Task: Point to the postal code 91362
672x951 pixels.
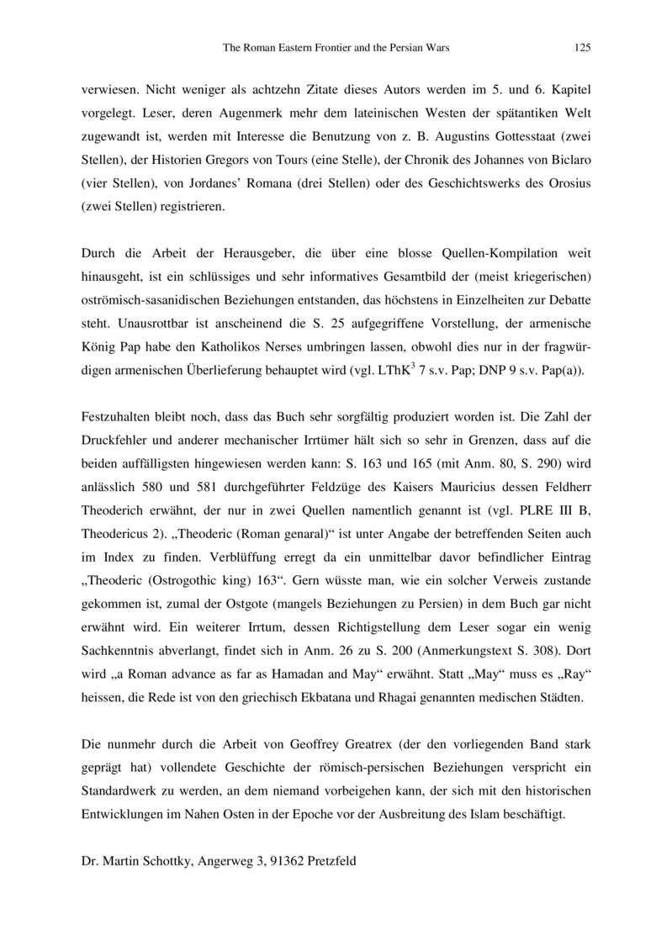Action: pyautogui.click(x=278, y=860)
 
